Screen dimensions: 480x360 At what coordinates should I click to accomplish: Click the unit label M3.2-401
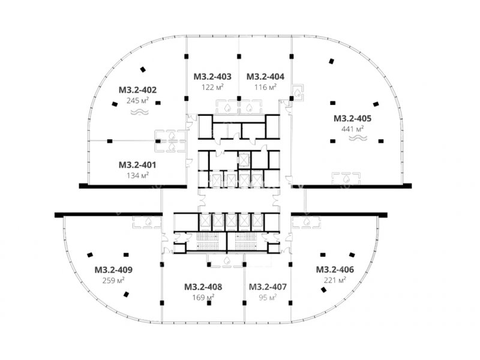click(x=137, y=165)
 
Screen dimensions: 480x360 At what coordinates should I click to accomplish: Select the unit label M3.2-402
click(x=138, y=90)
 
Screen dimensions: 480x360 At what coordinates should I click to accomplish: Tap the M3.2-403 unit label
click(x=212, y=77)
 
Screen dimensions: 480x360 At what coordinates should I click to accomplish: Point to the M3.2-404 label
click(x=265, y=77)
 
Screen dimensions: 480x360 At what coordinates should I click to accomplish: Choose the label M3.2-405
click(x=353, y=118)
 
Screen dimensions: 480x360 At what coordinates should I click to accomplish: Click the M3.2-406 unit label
click(x=335, y=269)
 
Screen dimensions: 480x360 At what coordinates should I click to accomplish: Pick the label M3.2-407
click(x=268, y=287)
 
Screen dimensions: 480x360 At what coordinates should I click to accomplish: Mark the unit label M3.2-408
click(x=203, y=287)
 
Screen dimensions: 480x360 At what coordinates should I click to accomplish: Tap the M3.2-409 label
click(x=113, y=270)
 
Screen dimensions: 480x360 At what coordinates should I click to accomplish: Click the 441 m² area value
click(x=353, y=129)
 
